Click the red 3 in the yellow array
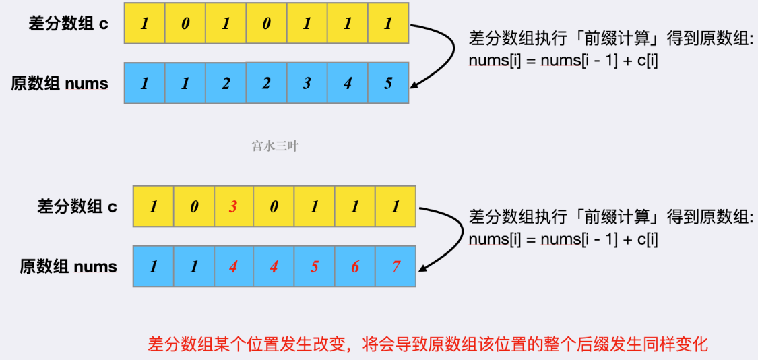[x=234, y=206]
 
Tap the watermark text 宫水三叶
[x=275, y=146]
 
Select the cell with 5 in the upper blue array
[x=388, y=84]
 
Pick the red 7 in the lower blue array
[x=396, y=266]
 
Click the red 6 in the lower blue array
[x=355, y=266]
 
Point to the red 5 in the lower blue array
[x=315, y=266]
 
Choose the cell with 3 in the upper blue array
[x=307, y=84]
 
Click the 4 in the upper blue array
[x=348, y=84]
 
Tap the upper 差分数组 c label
[x=68, y=23]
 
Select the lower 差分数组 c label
[x=77, y=206]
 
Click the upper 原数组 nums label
[x=59, y=84]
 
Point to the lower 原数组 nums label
[x=68, y=266]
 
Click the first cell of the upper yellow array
[x=145, y=24]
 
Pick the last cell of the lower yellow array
[x=396, y=206]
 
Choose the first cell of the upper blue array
[x=145, y=84]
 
